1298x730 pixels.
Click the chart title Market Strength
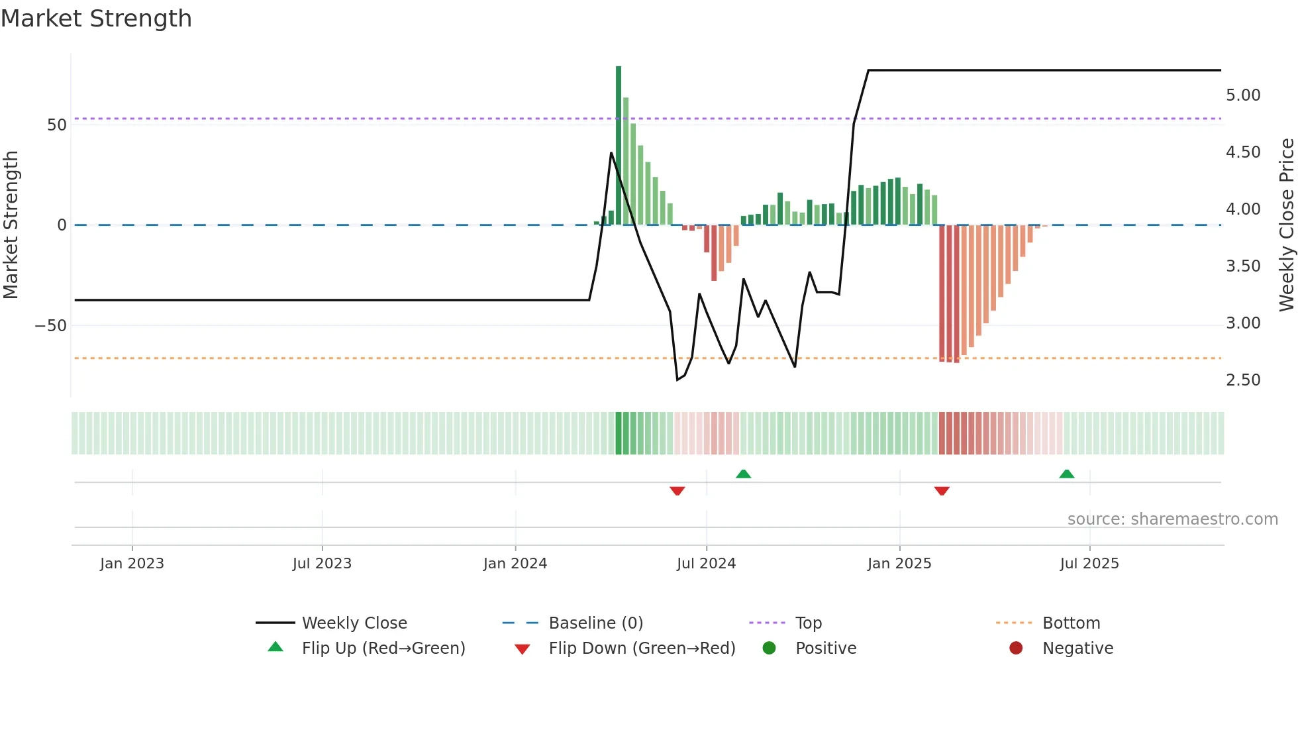(96, 19)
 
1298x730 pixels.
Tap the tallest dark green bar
(619, 146)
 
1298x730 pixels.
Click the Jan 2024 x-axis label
(515, 564)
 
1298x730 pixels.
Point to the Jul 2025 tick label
(1089, 564)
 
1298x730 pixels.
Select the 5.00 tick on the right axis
(1242, 95)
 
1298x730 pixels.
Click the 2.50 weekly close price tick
(1242, 380)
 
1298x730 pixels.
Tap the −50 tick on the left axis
(51, 326)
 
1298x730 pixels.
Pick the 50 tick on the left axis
(57, 125)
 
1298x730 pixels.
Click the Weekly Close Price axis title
(1286, 225)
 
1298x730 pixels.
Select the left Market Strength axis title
(11, 225)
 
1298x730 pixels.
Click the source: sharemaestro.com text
(1172, 519)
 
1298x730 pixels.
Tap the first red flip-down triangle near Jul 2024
(677, 491)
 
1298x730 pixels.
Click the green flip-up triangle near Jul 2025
(1066, 474)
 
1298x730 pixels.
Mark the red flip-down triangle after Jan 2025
(942, 491)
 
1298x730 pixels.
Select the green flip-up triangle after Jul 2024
(743, 474)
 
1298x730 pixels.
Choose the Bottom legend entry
(1070, 623)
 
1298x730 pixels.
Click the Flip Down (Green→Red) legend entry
(641, 649)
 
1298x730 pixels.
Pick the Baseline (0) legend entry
(595, 623)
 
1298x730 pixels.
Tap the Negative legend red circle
(1016, 649)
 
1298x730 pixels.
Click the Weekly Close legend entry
(354, 623)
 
